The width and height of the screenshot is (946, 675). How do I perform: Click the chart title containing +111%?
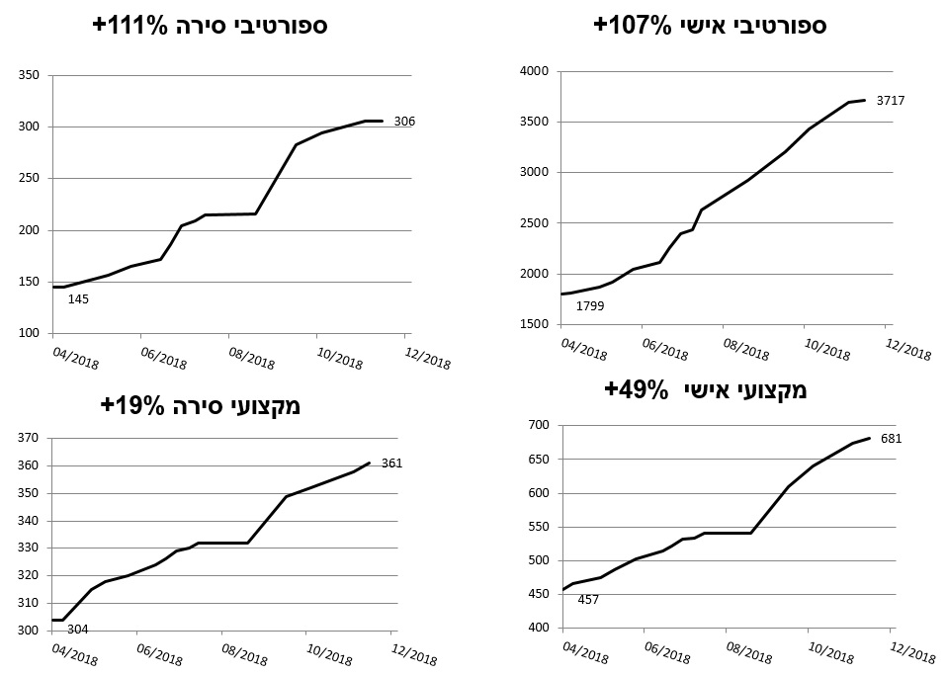(211, 26)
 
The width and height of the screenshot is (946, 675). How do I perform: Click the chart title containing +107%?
(710, 26)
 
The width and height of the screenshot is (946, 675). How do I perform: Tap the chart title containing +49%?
(706, 389)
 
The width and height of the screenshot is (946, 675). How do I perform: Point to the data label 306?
(403, 122)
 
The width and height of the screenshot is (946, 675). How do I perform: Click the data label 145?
(78, 298)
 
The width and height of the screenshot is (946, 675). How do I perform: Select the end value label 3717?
(889, 100)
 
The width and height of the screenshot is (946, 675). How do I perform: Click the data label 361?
(391, 463)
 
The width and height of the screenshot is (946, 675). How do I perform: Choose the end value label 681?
(893, 439)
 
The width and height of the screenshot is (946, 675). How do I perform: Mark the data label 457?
(587, 598)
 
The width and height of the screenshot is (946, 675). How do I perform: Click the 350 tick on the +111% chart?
(28, 75)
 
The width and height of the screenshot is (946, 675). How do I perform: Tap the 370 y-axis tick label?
(28, 439)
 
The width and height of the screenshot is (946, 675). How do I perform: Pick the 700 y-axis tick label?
(538, 426)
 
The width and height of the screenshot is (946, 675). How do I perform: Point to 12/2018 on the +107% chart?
(906, 351)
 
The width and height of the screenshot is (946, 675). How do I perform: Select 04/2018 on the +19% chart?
(74, 655)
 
